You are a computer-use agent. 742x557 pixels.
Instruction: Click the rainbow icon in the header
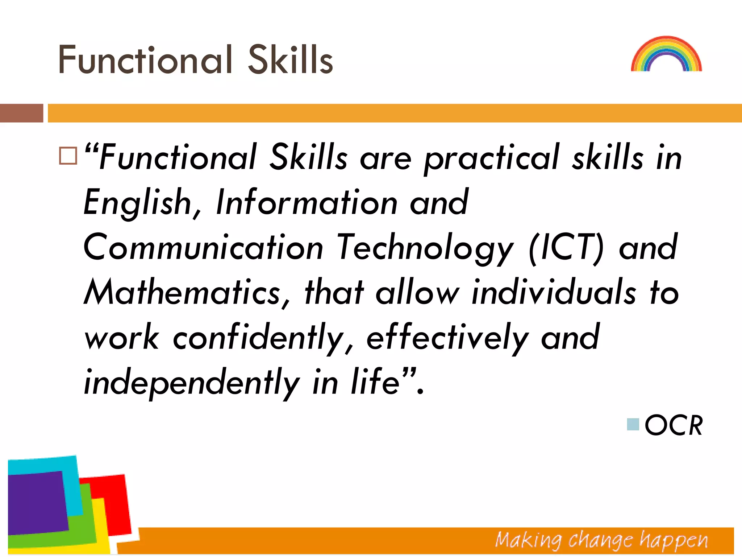click(x=666, y=54)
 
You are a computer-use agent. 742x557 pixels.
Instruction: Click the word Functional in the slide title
click(x=145, y=60)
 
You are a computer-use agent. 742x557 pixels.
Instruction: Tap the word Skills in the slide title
click(x=290, y=60)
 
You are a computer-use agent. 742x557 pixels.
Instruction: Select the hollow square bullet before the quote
click(x=68, y=156)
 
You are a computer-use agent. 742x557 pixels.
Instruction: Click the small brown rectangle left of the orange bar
click(x=21, y=113)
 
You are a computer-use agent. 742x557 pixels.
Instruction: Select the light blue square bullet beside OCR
click(x=633, y=424)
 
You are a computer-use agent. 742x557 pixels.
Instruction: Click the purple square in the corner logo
click(x=36, y=502)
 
